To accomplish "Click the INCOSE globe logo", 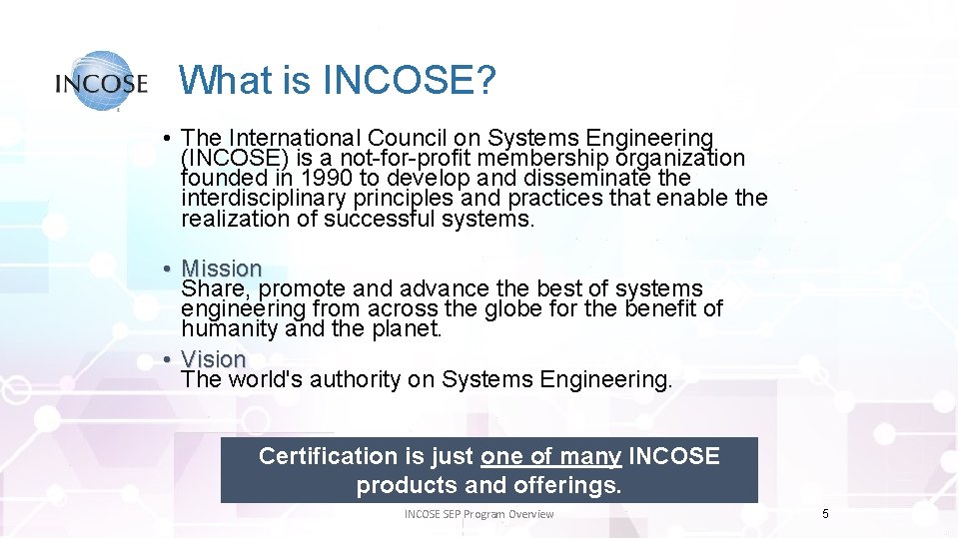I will click(101, 81).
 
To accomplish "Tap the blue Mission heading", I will click(222, 269).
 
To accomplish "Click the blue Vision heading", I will click(214, 358).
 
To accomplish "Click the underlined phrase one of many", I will click(551, 456).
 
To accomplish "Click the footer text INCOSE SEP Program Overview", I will click(479, 514).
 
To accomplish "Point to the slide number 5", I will click(825, 513).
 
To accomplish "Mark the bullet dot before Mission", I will click(172, 269).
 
